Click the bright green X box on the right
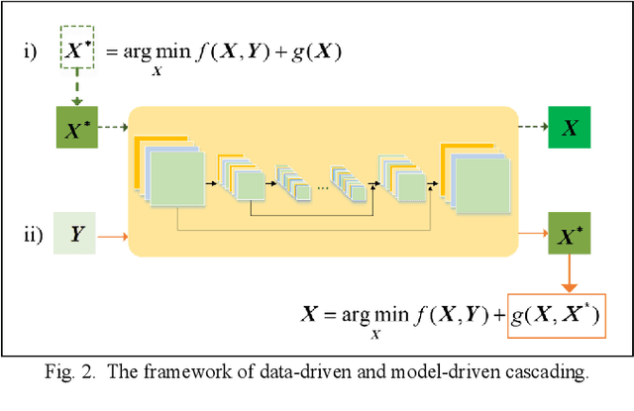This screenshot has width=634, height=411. tap(571, 129)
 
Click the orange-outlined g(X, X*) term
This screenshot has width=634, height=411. tap(556, 317)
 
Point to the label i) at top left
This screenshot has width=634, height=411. tap(35, 50)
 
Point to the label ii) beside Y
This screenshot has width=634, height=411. tap(35, 236)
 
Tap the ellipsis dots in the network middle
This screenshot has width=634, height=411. tap(323, 184)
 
